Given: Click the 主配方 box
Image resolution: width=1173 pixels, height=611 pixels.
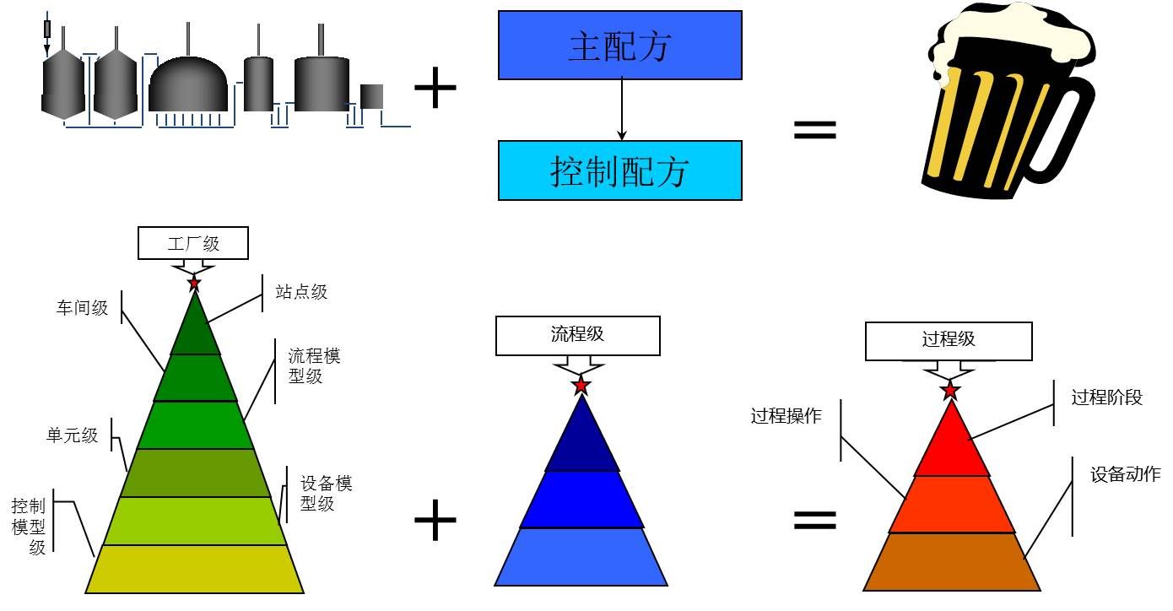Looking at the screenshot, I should coord(619,46).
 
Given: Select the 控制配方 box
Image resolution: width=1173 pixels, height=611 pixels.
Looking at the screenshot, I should coord(619,170).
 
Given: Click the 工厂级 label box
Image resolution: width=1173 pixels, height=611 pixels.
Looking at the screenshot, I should coord(193,243).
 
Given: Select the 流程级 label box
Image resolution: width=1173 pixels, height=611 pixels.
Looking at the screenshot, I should coord(577,335).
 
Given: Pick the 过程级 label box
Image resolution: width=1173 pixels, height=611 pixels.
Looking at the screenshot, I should coord(949,340).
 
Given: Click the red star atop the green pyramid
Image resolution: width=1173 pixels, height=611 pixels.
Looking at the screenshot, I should coord(194,282).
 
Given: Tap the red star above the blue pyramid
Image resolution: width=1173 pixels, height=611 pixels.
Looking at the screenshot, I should coord(581,386).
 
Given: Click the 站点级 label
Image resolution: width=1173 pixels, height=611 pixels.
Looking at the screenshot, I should coord(301,293).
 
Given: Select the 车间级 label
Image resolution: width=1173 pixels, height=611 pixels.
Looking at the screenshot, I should coord(83,308).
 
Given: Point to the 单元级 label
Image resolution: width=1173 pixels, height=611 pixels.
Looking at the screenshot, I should coord(72,435).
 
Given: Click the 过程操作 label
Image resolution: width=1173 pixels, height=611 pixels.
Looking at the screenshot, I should coord(786,416).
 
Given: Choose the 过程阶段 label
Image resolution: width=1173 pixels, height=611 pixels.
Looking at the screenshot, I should coord(1106,397).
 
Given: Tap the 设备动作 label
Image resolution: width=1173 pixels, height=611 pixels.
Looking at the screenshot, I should coord(1125,474).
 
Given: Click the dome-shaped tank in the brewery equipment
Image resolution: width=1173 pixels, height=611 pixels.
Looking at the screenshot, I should coord(188,84).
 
